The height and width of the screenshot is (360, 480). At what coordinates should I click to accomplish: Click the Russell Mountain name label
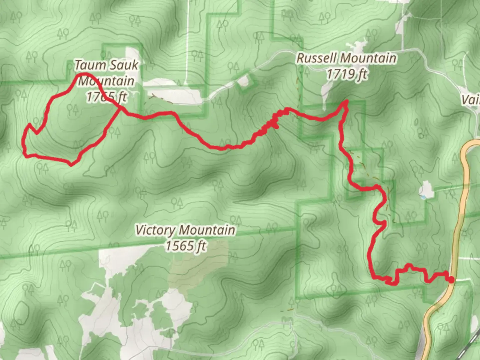pyautogui.click(x=347, y=58)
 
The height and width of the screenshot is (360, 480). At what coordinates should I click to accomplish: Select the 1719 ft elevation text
pyautogui.click(x=347, y=74)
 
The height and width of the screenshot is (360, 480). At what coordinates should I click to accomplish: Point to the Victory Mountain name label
pyautogui.click(x=185, y=230)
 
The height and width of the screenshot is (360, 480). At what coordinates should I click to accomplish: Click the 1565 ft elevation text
pyautogui.click(x=186, y=246)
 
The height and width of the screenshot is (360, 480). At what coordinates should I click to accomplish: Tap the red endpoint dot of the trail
pyautogui.click(x=451, y=280)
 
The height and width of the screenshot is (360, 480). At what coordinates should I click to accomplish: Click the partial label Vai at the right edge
pyautogui.click(x=471, y=99)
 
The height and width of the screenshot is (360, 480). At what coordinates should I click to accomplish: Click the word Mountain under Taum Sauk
pyautogui.click(x=106, y=81)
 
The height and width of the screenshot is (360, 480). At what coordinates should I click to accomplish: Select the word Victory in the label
pyautogui.click(x=155, y=230)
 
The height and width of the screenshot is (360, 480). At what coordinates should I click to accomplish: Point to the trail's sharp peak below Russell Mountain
pyautogui.click(x=346, y=101)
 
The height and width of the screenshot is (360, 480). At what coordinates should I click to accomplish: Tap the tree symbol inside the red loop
pyautogui.click(x=72, y=108)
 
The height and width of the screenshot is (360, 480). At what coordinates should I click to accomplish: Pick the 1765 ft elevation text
pyautogui.click(x=107, y=97)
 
